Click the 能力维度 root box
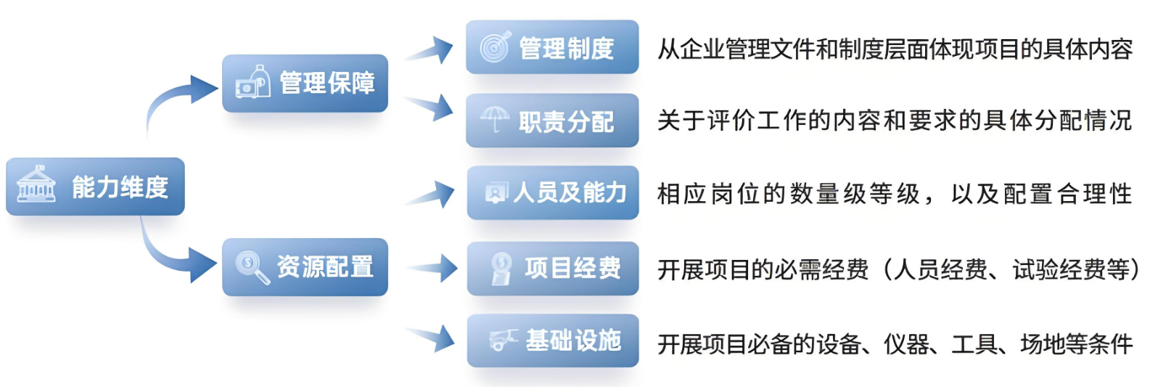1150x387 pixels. [x=95, y=187]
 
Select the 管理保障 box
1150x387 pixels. [x=305, y=83]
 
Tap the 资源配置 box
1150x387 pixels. [x=305, y=266]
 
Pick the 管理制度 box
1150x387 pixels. [x=552, y=48]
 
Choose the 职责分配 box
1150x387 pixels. [x=552, y=121]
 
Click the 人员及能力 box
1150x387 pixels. [x=553, y=192]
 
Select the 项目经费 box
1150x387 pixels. [x=553, y=268]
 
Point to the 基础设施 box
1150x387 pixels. [x=553, y=340]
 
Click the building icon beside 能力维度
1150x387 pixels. [x=36, y=184]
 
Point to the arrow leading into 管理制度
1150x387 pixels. [x=431, y=51]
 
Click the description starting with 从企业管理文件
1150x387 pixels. [x=895, y=49]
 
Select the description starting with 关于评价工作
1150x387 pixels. [x=894, y=121]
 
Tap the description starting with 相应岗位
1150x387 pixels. [x=894, y=194]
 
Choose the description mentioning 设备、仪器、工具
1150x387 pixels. [x=895, y=343]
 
